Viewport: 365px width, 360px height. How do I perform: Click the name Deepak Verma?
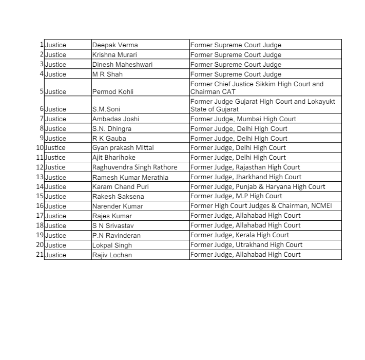point(115,45)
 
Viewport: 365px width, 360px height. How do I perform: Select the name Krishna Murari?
point(114,55)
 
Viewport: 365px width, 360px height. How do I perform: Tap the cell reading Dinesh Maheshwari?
point(122,65)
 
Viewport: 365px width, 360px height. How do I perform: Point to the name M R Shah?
point(107,74)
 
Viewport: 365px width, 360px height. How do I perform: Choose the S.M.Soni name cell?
point(106,109)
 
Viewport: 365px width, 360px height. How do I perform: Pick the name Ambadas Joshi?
point(116,119)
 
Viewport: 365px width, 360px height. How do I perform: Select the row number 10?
point(40,148)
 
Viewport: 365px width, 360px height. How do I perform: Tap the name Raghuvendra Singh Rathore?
point(135,167)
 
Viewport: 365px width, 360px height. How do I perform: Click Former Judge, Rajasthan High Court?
point(245,167)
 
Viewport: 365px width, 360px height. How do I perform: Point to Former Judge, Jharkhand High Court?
point(246,177)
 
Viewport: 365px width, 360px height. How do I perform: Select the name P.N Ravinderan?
point(116,235)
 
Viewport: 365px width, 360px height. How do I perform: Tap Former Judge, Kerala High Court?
point(240,235)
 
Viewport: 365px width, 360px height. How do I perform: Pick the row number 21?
point(40,255)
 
